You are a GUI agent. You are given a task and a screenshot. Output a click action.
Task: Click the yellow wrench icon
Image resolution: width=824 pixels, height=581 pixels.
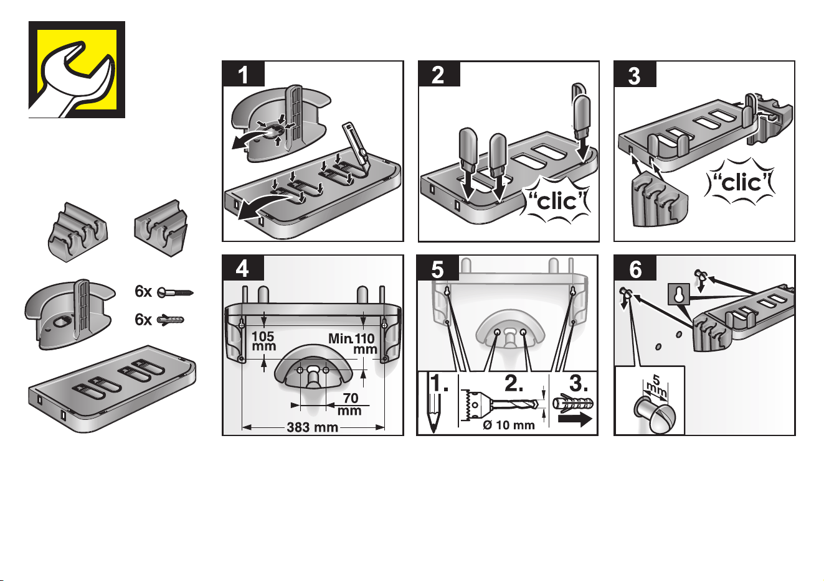77,70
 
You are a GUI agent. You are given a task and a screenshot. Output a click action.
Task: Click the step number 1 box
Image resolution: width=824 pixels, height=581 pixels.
243,74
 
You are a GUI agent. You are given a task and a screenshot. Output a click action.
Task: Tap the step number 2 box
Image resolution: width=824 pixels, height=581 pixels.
439,74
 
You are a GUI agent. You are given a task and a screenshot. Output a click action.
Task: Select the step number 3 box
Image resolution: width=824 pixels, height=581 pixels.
635,74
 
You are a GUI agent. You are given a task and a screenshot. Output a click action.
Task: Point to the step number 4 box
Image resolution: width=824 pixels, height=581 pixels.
243,268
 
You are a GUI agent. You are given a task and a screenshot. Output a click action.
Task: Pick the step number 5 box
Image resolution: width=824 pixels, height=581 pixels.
438,268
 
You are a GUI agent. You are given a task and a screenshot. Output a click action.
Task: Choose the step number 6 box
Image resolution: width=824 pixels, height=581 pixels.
635,268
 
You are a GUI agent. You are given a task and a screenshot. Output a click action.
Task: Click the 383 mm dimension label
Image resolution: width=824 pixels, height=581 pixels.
312,427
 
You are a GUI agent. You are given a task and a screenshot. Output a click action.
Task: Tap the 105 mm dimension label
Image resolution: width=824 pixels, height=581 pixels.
263,341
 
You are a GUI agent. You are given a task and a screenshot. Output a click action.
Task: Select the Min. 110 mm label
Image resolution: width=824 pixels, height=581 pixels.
353,343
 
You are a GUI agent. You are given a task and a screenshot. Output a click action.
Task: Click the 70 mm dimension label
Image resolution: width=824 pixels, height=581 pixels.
350,404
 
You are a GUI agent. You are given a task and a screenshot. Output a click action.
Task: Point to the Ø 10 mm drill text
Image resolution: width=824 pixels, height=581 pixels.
509,425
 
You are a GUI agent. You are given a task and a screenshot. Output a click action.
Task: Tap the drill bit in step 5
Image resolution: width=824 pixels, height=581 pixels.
498,404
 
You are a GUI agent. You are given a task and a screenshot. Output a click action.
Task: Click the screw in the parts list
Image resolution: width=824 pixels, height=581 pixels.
175,292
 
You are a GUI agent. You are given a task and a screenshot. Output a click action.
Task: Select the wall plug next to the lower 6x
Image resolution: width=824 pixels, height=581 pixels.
170,320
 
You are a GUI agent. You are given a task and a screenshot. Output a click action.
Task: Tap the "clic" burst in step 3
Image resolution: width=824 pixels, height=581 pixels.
740,182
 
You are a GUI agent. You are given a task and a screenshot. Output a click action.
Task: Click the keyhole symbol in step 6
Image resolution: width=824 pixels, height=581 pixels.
679,294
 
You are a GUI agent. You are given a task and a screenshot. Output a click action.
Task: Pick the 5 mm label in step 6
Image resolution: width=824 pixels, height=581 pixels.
656,386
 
